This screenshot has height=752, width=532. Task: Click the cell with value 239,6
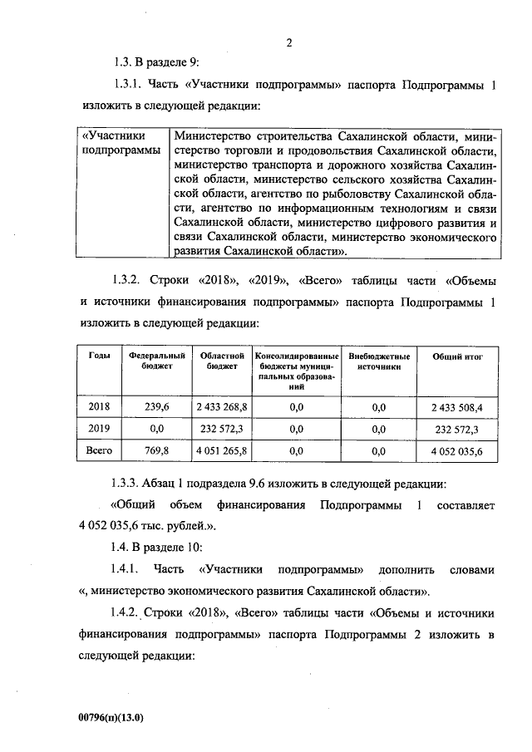coord(156,406)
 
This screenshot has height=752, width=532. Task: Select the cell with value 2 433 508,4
coord(457,406)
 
